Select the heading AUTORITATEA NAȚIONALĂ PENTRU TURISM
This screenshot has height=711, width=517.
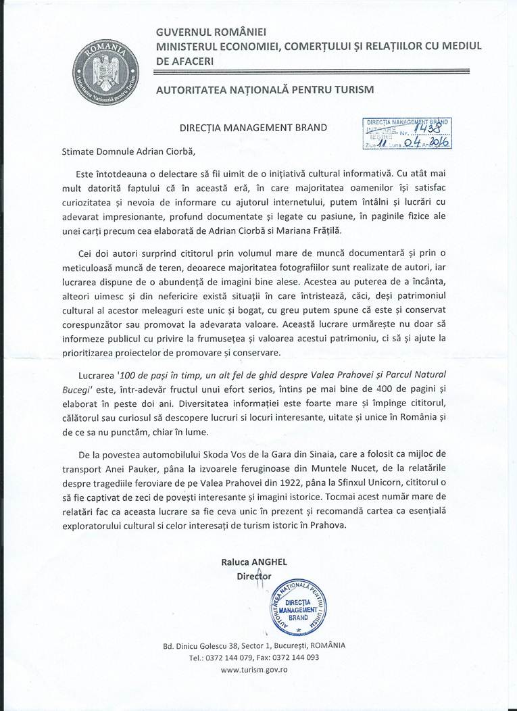pyautogui.click(x=264, y=89)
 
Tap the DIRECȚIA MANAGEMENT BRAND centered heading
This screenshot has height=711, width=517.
pyautogui.click(x=253, y=126)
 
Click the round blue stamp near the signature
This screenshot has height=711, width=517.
pyautogui.click(x=297, y=606)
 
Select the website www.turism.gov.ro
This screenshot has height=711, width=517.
pyautogui.click(x=255, y=669)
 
